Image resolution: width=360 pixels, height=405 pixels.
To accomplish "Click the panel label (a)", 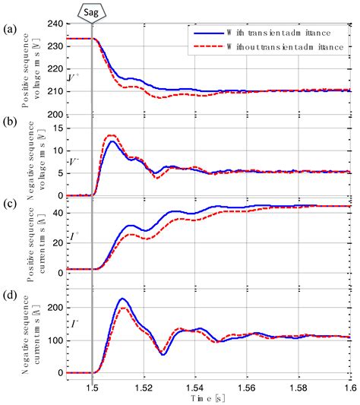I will click(10, 30).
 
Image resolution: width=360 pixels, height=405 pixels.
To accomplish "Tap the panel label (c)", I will click(10, 203).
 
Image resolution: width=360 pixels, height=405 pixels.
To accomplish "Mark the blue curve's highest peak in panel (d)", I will click(122, 299).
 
